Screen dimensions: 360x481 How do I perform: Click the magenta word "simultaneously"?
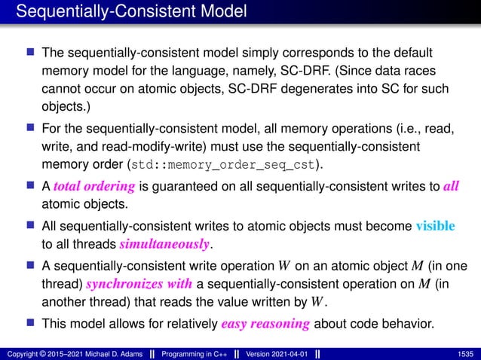click(165, 244)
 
